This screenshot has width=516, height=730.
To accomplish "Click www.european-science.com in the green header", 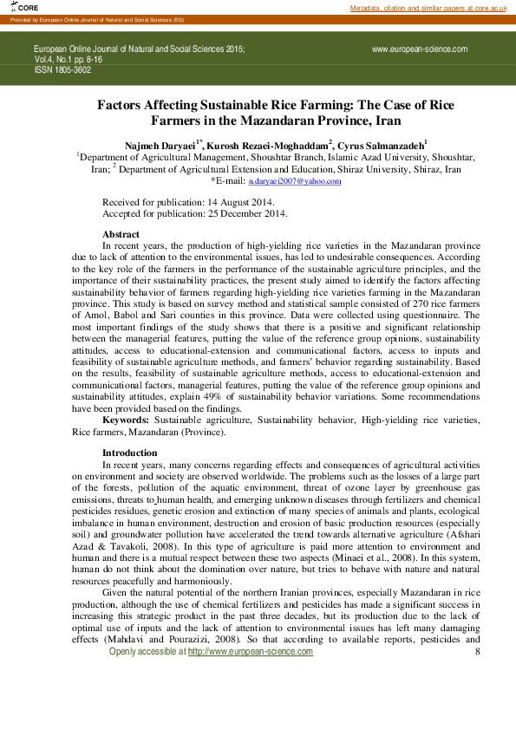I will [x=420, y=49].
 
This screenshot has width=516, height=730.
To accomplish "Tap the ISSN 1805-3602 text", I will [x=62, y=70].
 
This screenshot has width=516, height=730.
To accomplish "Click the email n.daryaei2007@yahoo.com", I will [x=295, y=181].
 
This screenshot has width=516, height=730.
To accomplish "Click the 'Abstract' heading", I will [x=121, y=234].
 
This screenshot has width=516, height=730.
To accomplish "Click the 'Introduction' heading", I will [x=130, y=453].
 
